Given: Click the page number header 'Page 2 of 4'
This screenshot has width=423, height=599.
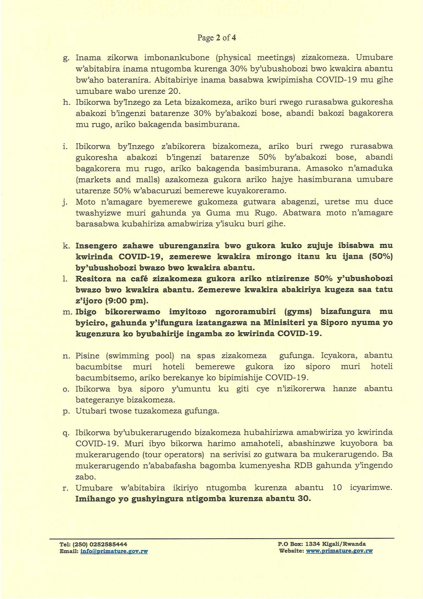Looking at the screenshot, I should click(x=217, y=38).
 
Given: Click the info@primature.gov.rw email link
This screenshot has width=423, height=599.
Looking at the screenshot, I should click(x=114, y=551).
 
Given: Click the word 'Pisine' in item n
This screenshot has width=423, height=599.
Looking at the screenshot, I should click(x=88, y=356).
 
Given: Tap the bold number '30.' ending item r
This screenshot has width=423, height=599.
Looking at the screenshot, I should click(x=304, y=499).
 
